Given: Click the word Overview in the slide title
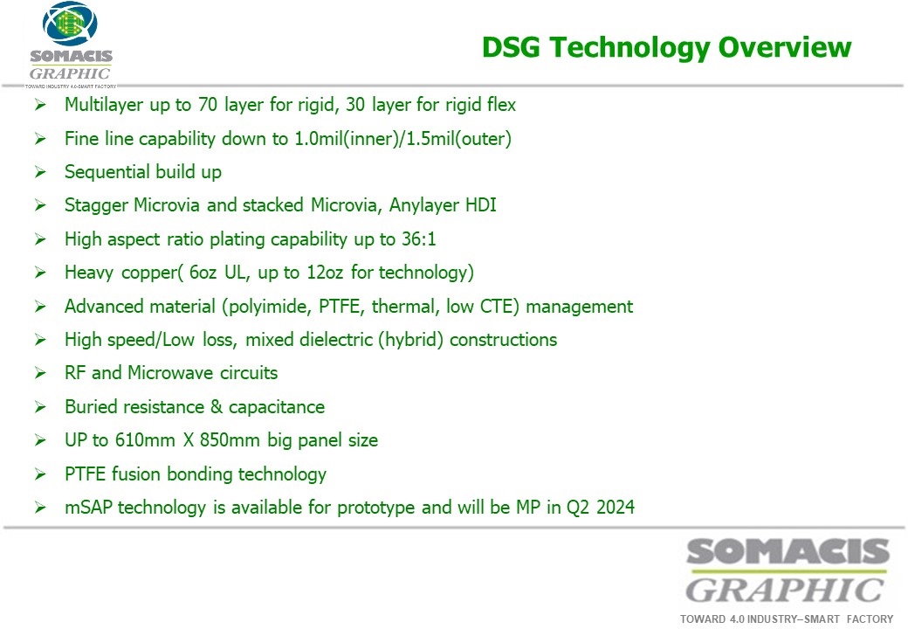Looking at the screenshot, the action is (x=785, y=47).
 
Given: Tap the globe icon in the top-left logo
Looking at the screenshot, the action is (x=70, y=24).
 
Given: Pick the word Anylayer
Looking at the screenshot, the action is (x=421, y=205).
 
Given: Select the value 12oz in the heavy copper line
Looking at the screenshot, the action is (x=325, y=273).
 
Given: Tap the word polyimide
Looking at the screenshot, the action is (x=267, y=307).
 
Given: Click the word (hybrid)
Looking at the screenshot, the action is (x=411, y=340).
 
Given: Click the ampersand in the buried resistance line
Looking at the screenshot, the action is (x=217, y=406).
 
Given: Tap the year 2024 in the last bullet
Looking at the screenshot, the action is (x=616, y=508).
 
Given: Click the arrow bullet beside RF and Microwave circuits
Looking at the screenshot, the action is (x=40, y=373).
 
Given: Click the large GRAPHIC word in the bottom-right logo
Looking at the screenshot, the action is (x=785, y=591).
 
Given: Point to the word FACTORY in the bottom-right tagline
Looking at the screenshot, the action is (x=870, y=619).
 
